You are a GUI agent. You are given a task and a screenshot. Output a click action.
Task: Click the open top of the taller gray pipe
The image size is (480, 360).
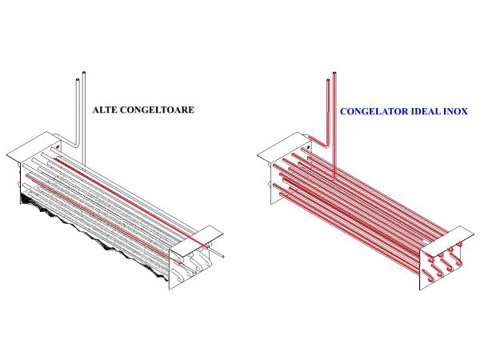click(x=83, y=73)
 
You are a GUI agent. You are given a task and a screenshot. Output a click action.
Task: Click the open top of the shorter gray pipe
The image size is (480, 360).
click(x=78, y=80)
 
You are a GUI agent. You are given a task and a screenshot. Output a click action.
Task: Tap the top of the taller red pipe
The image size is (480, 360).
click(x=334, y=73)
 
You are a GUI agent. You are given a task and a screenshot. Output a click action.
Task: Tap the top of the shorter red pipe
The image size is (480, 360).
click(x=328, y=80)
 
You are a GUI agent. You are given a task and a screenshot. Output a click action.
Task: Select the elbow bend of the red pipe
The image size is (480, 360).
click(x=326, y=144)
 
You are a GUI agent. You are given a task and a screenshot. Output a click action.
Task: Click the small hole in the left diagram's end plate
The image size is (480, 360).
click(x=58, y=147)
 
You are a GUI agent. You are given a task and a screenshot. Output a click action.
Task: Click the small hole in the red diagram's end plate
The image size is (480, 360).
click(x=308, y=147)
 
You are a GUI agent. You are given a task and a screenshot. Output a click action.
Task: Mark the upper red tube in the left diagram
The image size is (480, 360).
click(x=132, y=202)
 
